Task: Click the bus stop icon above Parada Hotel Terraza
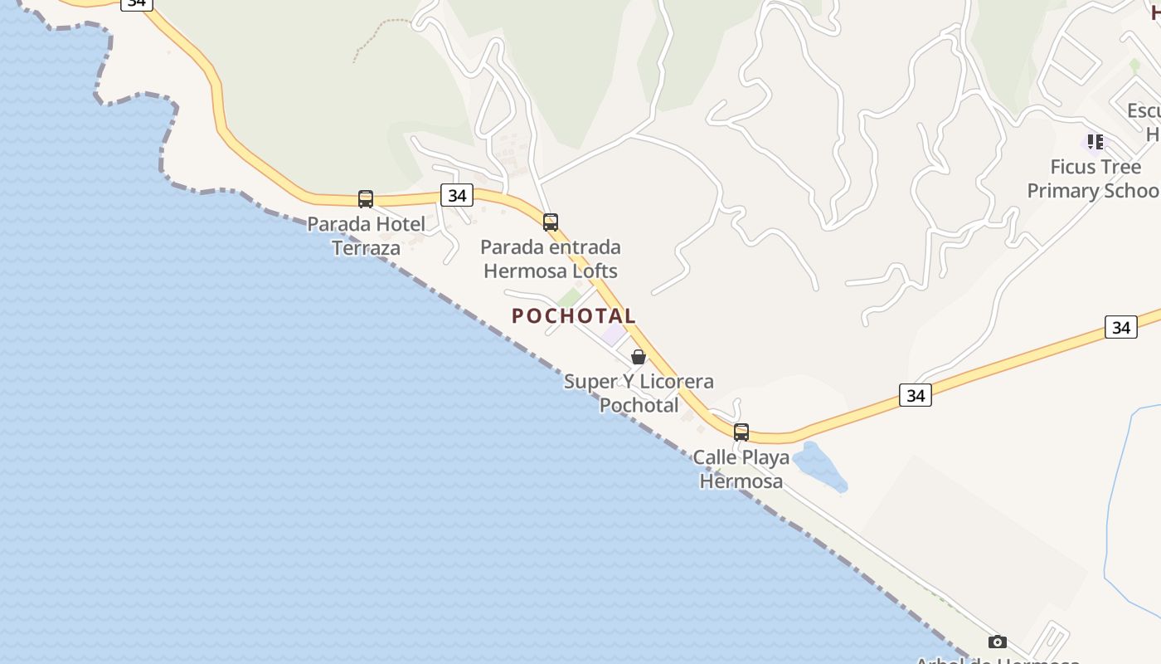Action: (366, 199)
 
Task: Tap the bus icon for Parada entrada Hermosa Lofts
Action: (551, 222)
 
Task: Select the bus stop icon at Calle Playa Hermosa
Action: (741, 432)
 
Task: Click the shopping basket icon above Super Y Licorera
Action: (639, 357)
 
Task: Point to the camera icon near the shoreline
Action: (998, 642)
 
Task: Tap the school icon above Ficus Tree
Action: (1095, 142)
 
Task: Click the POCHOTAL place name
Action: (574, 316)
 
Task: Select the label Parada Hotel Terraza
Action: (366, 236)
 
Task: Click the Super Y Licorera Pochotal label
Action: (639, 393)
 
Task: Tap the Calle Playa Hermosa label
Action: (741, 469)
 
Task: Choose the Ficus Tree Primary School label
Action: (1093, 178)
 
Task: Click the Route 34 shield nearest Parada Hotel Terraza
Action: (456, 196)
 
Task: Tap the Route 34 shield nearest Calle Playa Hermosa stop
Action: (916, 396)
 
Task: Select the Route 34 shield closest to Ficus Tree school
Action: (1121, 327)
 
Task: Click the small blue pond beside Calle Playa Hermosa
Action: (818, 466)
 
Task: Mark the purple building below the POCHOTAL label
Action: (614, 334)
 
